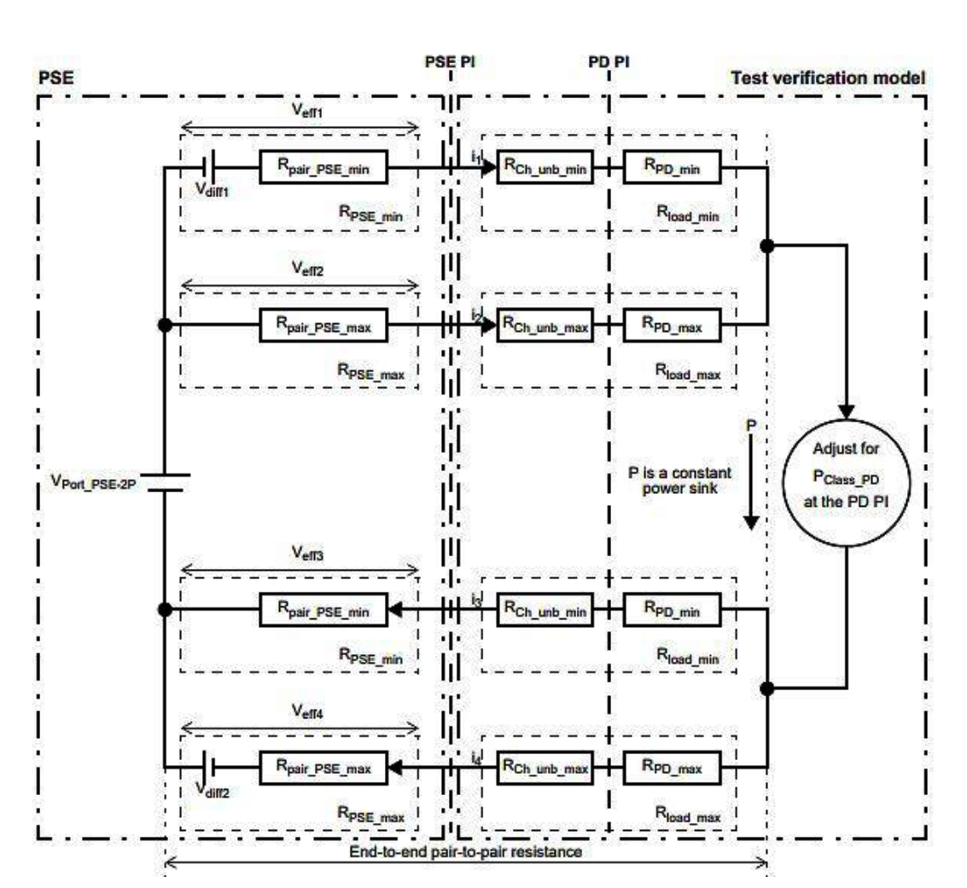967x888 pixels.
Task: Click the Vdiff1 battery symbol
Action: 209,167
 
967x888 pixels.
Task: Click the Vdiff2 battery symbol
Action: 209,767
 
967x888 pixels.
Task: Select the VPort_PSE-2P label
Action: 94,482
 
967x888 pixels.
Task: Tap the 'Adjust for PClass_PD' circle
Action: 846,483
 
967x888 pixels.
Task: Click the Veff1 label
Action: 307,112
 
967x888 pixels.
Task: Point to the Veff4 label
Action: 307,711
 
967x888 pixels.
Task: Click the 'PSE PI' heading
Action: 450,62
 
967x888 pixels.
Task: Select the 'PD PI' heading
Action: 609,62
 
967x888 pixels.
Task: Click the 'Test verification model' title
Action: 828,78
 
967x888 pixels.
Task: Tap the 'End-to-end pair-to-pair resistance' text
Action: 466,851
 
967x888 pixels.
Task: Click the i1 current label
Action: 476,158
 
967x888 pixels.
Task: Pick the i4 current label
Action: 476,758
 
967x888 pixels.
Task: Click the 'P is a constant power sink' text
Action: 679,480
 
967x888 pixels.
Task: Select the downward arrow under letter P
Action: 750,482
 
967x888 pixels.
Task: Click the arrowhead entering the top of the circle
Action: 847,412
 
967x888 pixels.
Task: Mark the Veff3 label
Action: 307,554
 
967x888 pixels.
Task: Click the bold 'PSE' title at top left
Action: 56,78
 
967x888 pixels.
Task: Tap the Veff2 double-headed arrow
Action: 300,285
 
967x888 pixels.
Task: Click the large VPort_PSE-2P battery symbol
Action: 166,483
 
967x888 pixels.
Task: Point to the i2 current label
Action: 476,316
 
